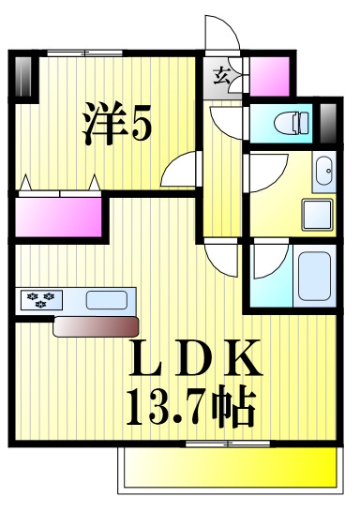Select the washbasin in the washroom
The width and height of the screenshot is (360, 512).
[323, 172]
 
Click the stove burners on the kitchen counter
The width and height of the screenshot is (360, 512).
[40, 301]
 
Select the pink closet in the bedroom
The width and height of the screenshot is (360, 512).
[57, 216]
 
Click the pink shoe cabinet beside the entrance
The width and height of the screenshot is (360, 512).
[268, 74]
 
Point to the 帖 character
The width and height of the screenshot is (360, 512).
[235, 406]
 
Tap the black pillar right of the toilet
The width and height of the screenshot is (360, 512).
[327, 119]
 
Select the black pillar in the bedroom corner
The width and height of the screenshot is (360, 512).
[23, 75]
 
